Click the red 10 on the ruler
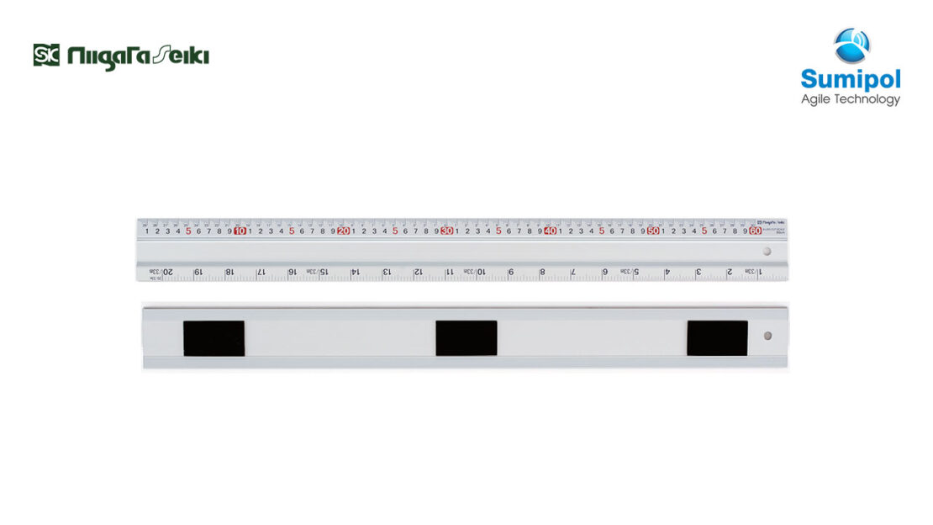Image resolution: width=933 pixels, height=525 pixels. tap(240, 231)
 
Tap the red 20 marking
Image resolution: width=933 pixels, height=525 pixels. tap(343, 231)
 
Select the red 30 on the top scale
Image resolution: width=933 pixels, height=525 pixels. tap(446, 231)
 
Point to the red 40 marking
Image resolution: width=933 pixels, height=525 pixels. tap(550, 231)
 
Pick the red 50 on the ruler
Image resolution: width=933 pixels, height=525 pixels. tap(653, 231)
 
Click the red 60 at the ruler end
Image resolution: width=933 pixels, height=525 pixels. tap(756, 231)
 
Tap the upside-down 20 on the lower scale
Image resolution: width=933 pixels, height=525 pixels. tap(167, 272)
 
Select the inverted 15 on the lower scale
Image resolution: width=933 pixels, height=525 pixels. tap(324, 272)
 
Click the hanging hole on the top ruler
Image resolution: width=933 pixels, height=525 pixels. tap(767, 252)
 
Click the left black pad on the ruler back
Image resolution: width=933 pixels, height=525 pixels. tap(213, 337)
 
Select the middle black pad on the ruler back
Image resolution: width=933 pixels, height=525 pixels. tap(466, 337)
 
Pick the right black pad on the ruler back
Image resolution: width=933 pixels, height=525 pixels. tap(717, 337)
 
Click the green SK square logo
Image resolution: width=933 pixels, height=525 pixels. tap(46, 56)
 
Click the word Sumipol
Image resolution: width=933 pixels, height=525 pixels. tap(850, 80)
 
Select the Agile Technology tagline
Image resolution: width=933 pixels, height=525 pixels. tap(850, 99)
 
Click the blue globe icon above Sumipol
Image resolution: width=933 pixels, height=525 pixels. tap(851, 45)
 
